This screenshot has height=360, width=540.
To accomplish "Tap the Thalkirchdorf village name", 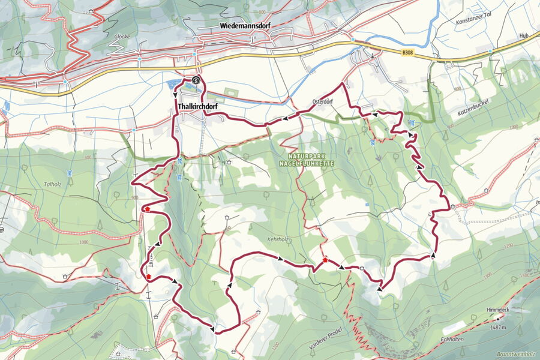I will click(197, 106).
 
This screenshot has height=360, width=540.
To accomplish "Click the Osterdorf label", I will click(323, 101).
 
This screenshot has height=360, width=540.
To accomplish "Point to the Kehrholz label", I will click(278, 239).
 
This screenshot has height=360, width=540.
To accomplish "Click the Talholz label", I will click(53, 185).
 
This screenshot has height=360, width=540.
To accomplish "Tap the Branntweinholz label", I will click(517, 354).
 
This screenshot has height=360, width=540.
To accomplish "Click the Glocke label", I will click(122, 36).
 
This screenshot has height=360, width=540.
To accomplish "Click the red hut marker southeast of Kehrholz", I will click(325, 260).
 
